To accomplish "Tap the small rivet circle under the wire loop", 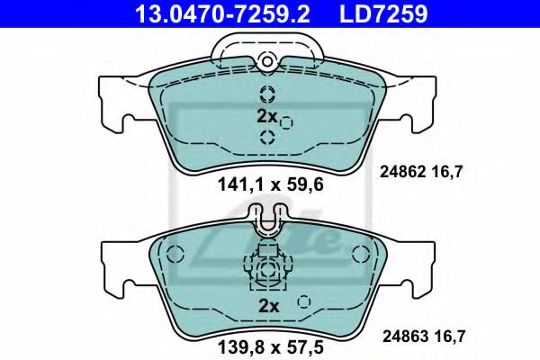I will [266, 61].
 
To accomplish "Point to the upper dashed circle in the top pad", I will [266, 94].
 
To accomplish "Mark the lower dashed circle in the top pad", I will [266, 137].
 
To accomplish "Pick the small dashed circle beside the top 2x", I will [287, 121].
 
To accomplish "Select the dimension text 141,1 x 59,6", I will [267, 186].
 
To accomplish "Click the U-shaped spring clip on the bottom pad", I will [266, 223].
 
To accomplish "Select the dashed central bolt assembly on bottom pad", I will [266, 268].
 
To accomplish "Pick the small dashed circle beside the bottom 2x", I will [304, 302].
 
